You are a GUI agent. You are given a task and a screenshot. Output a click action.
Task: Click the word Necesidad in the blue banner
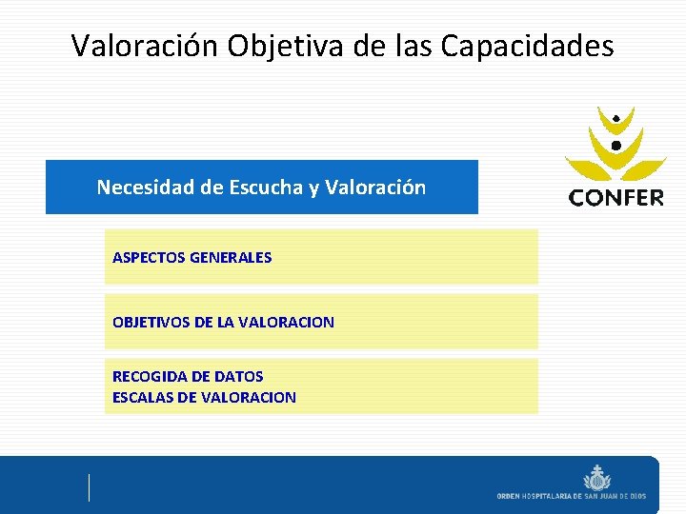pos(146,188)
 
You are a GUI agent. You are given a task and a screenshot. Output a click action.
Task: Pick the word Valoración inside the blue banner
pos(375,188)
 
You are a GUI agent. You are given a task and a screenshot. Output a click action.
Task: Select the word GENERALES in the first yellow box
pos(232,257)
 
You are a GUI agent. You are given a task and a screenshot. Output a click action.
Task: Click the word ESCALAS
pos(144,397)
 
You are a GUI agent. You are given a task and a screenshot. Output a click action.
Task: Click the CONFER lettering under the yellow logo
pos(615,198)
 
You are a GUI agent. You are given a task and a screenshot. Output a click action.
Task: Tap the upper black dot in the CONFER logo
pos(616,117)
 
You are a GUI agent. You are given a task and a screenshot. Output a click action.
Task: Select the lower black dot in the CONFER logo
pos(615,145)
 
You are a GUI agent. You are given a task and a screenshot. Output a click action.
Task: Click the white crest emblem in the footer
pos(597,476)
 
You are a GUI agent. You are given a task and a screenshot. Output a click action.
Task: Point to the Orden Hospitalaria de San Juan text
pos(572,496)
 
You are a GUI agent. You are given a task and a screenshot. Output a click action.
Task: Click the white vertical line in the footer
pos(90,486)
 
